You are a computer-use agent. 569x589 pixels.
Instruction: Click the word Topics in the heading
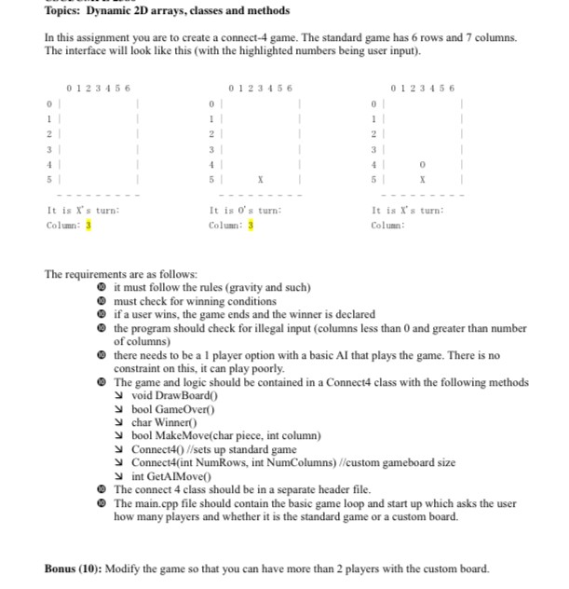63,10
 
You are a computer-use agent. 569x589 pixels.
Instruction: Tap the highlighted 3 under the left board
88,226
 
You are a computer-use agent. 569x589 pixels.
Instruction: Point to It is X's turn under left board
82,211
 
